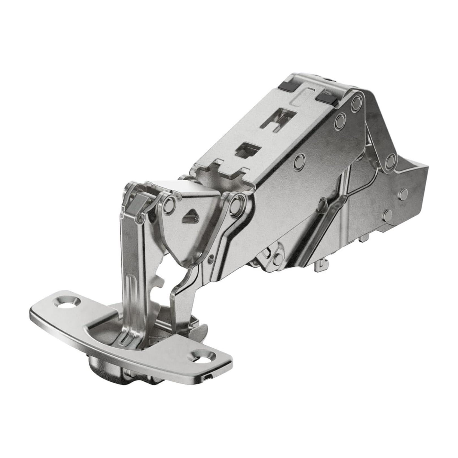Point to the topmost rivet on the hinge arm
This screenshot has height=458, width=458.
357,102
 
